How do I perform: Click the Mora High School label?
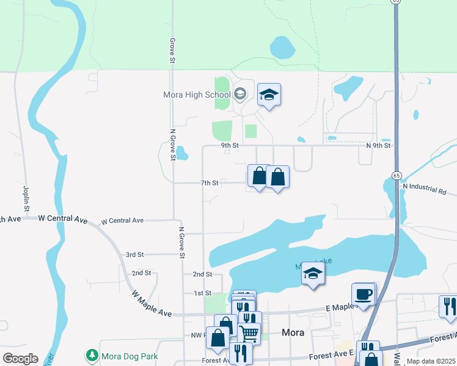197,95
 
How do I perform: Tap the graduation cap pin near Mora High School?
269,95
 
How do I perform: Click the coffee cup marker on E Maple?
364,294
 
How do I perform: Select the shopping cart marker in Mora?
249,334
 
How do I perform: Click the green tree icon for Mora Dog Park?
92,355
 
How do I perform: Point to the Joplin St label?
27,195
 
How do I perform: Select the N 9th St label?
378,146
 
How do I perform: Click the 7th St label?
210,183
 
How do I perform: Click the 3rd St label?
134,254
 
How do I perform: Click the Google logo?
20,359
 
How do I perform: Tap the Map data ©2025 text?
431,361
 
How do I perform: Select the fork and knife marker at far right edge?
448,306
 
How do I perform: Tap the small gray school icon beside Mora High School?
239,94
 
